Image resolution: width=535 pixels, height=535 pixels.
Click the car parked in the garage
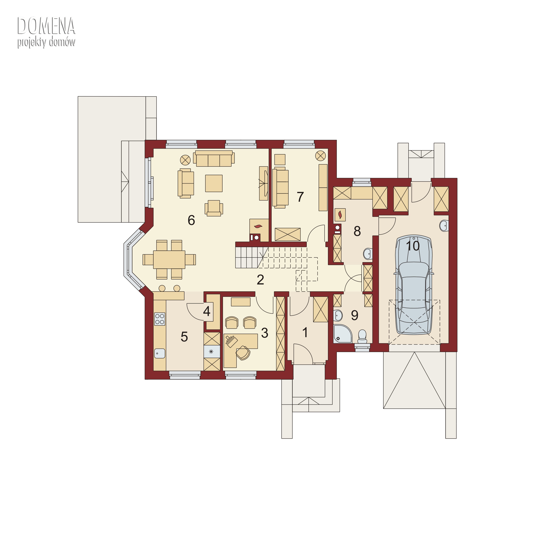coord(414,285)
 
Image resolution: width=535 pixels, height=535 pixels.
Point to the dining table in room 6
coord(169,259)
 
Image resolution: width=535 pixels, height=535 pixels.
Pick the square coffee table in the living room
coord(214,183)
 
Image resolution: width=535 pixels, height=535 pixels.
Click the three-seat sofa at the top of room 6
coord(214,158)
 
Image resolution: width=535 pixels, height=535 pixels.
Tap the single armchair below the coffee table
coord(214,208)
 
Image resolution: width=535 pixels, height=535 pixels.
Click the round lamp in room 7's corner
coord(320,156)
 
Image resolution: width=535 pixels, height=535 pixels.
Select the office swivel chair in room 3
coord(243,353)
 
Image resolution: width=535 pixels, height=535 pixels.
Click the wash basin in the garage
coord(444,226)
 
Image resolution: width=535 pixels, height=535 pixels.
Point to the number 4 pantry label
coord(207,311)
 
